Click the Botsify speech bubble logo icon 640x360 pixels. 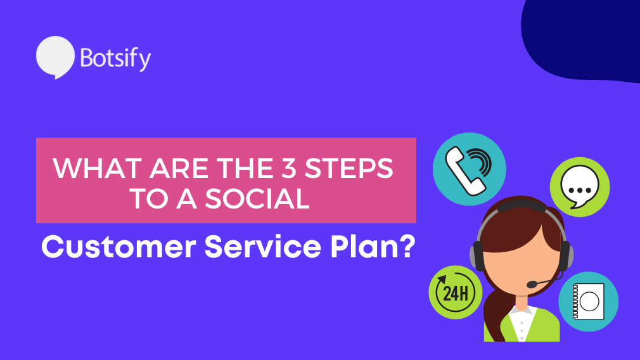click(x=55, y=57)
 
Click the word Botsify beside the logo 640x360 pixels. click(x=115, y=58)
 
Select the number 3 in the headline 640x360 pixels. click(x=288, y=168)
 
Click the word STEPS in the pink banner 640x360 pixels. click(x=349, y=168)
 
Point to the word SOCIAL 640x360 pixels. click(x=257, y=199)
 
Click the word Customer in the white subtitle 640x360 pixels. click(x=118, y=247)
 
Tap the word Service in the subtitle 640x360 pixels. click(x=263, y=247)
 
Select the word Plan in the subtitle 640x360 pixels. click(x=363, y=247)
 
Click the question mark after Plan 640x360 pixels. click(x=406, y=247)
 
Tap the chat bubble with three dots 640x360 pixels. click(x=580, y=187)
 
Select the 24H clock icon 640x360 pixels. click(x=456, y=292)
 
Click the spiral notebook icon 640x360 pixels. click(x=588, y=301)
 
